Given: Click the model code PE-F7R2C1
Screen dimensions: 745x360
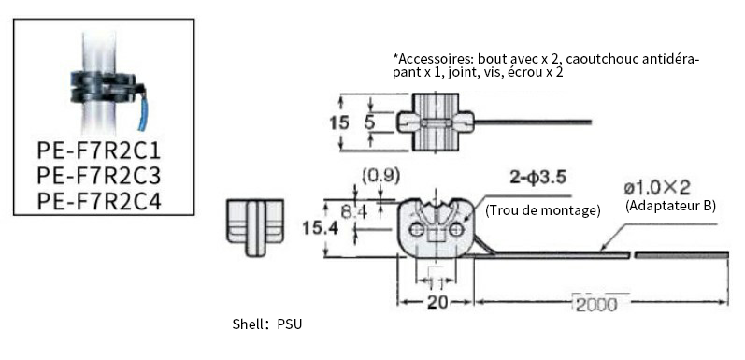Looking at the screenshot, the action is (99, 151).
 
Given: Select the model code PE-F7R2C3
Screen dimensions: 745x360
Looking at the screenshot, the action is (99, 176).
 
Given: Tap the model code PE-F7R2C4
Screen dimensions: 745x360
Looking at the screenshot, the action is (99, 201).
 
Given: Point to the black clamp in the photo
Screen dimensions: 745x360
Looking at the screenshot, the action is (105, 87).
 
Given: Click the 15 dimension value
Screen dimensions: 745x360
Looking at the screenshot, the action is (339, 122).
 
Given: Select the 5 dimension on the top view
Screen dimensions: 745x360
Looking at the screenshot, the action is (369, 122).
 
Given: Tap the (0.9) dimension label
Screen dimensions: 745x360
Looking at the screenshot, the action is (381, 176).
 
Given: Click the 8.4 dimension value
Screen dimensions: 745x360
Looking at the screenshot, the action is (354, 211).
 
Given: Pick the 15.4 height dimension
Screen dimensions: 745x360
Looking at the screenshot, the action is (321, 228).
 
